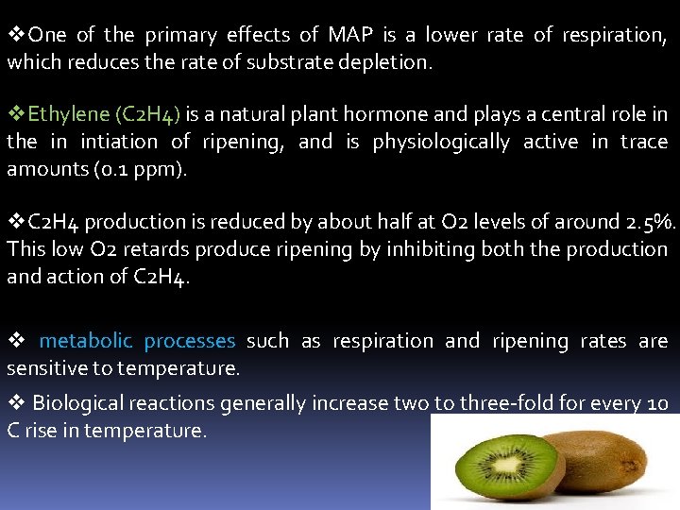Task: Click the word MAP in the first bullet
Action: pyautogui.click(x=350, y=35)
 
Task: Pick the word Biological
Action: pyautogui.click(x=77, y=403)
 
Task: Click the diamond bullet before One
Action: pyautogui.click(x=16, y=35)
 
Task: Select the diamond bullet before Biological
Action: pyautogui.click(x=16, y=403)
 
